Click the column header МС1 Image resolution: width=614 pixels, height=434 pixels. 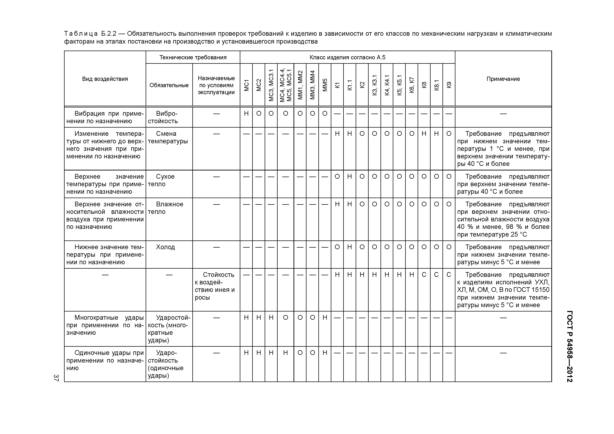[x=246, y=85]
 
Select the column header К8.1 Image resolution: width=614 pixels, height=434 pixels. [x=436, y=85]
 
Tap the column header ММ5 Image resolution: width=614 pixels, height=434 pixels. [x=325, y=85]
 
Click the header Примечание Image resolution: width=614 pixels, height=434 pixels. [x=503, y=79]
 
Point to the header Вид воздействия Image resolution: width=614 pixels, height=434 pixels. [x=105, y=79]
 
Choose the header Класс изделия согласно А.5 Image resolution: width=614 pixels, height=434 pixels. [x=347, y=57]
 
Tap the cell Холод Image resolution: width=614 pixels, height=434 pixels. [x=165, y=247]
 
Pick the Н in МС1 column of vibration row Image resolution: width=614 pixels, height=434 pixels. [x=246, y=113]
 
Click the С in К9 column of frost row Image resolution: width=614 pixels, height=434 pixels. [x=449, y=275]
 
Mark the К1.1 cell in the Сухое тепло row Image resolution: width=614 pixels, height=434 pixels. [x=350, y=177]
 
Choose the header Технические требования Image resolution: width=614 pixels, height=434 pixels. [x=193, y=57]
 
